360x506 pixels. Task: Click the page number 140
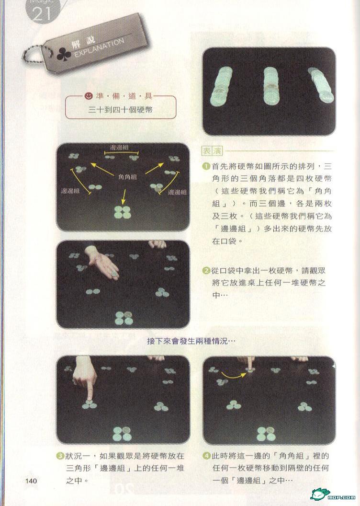click(x=31, y=481)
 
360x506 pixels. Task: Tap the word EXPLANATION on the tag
click(x=99, y=48)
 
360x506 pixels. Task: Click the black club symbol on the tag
click(x=64, y=55)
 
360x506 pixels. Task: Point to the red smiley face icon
click(x=88, y=96)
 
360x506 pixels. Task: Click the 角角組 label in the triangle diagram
click(x=127, y=176)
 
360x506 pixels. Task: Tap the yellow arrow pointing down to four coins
click(x=124, y=196)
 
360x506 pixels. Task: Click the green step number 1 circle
click(x=206, y=167)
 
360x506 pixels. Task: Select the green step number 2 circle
click(x=206, y=270)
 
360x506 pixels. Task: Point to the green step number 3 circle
click(x=60, y=456)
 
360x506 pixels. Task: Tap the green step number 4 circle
click(x=206, y=456)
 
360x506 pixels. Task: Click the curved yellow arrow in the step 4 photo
click(x=233, y=375)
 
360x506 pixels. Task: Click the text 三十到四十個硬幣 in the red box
click(x=120, y=110)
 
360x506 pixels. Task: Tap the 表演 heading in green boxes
click(x=212, y=151)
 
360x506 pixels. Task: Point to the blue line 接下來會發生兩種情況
click(x=191, y=341)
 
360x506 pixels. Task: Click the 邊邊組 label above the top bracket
click(x=120, y=148)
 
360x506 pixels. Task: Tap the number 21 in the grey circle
click(x=42, y=14)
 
